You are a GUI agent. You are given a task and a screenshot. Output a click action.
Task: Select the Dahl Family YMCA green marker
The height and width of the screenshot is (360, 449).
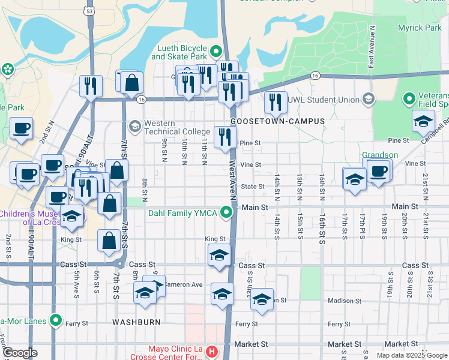(226, 212)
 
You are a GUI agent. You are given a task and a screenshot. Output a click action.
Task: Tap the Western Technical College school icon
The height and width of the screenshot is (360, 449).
(134, 125)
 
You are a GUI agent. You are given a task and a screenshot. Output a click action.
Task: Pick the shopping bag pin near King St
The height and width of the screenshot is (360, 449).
(109, 241)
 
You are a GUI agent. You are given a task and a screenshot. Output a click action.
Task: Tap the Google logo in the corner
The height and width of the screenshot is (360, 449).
(19, 353)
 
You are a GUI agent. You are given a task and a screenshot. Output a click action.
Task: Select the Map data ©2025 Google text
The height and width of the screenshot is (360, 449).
(412, 355)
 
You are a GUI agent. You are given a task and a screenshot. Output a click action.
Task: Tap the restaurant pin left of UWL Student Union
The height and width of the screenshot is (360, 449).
(276, 103)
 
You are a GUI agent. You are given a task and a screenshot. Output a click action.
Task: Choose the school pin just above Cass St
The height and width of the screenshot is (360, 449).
(220, 256)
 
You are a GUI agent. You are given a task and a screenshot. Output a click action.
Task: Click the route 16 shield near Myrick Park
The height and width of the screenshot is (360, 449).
(315, 75)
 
